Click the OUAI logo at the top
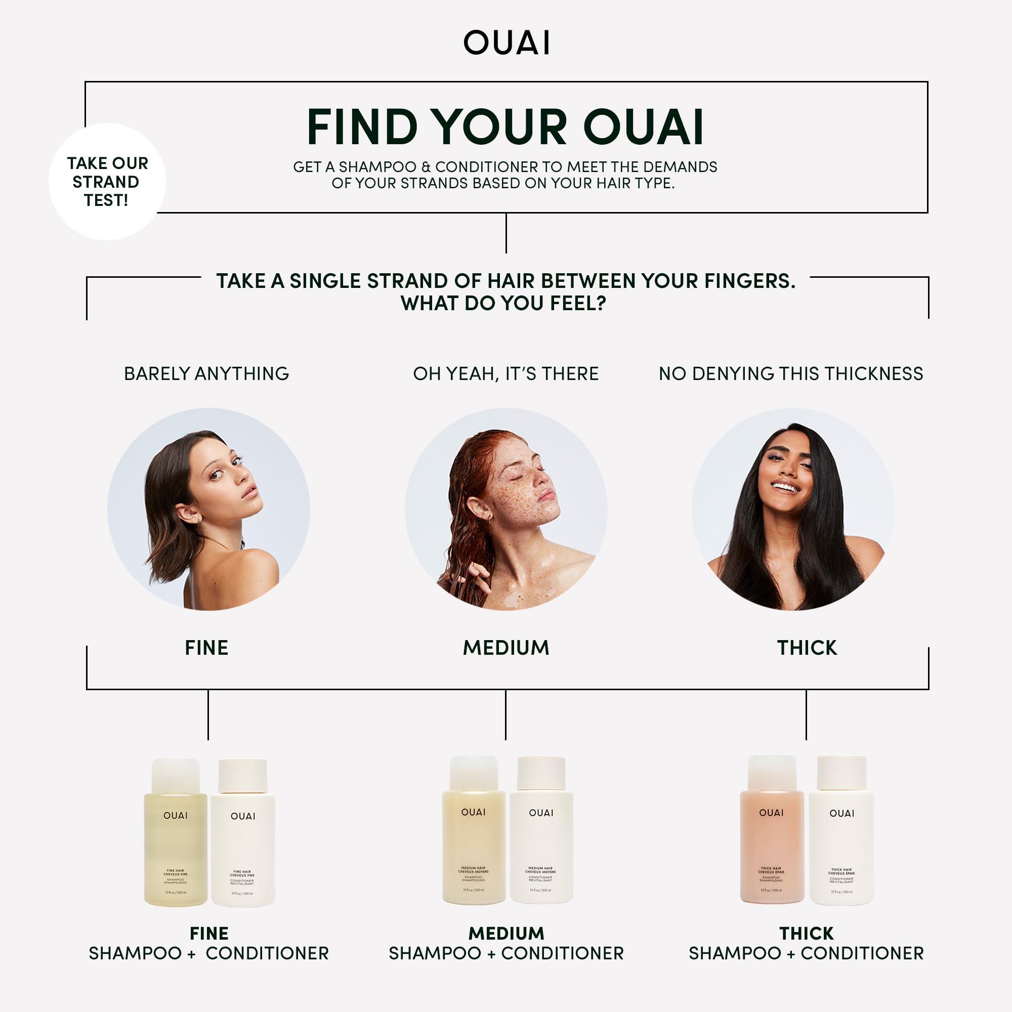point(507,43)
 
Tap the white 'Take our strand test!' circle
point(107,182)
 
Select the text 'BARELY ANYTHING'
point(206,373)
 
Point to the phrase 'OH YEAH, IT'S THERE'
point(505,373)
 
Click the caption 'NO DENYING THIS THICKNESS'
point(791,373)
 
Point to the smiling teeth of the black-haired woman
point(786,487)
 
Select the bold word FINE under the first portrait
point(206,648)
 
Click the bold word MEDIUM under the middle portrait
point(506,648)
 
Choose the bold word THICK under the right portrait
point(807,648)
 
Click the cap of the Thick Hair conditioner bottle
point(842,774)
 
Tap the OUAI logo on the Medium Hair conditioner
point(541,813)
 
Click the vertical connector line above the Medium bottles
point(505,714)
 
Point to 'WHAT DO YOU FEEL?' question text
point(503,303)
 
